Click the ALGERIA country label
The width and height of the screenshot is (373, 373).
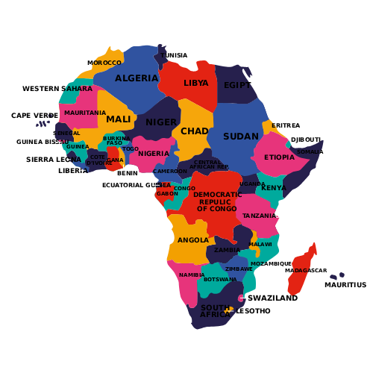click(137, 78)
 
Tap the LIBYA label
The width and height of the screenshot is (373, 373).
click(196, 84)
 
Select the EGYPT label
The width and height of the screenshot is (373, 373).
click(237, 85)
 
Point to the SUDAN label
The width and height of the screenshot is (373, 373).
click(241, 137)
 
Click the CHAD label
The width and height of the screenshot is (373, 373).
click(195, 131)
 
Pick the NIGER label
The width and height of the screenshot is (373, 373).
click(161, 122)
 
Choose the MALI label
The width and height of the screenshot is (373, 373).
click(118, 119)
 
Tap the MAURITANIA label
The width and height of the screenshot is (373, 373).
click(85, 113)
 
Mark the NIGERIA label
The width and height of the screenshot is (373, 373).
click(154, 154)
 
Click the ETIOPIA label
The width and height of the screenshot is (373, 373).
click(279, 157)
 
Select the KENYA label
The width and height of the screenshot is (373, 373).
click(274, 188)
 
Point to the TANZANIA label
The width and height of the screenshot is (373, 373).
click(260, 216)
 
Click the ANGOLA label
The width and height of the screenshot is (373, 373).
click(193, 240)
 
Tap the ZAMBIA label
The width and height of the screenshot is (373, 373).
click(228, 250)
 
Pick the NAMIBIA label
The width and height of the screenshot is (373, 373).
click(192, 275)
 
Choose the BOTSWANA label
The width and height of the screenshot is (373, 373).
click(220, 280)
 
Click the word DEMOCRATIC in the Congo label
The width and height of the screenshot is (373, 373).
click(217, 195)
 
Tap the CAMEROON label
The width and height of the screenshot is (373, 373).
click(170, 172)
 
